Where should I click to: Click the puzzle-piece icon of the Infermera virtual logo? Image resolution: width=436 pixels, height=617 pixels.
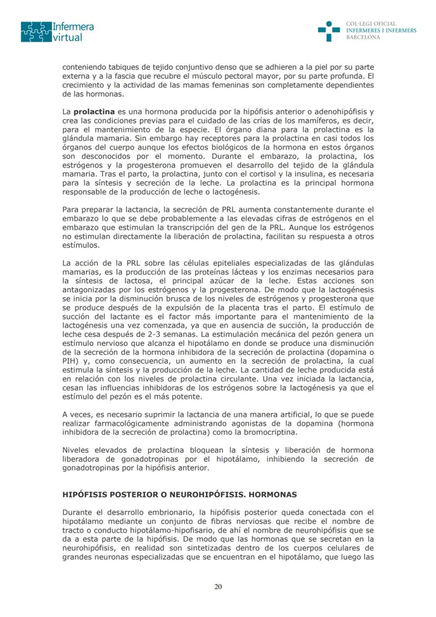36,32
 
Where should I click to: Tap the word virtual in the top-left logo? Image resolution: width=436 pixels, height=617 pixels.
68,37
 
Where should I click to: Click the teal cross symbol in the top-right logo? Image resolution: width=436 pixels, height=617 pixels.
329,31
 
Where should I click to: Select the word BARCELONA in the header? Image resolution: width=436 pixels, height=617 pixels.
363,37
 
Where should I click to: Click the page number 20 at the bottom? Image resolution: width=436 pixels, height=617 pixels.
218,586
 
